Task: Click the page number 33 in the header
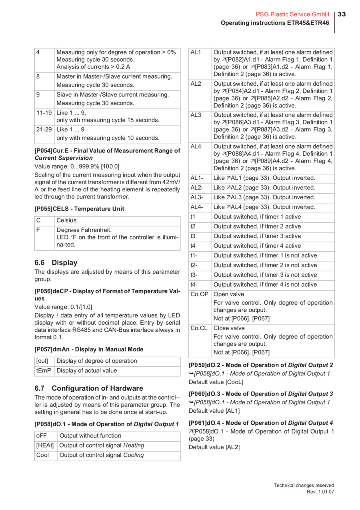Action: (342, 14)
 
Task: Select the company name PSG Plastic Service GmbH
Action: (292, 14)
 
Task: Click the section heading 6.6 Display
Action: (56, 263)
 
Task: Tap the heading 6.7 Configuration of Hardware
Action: (89, 388)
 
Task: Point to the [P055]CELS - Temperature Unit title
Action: (79, 209)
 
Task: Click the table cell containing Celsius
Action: (66, 220)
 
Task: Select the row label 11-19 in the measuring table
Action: (44, 113)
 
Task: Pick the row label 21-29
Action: (44, 130)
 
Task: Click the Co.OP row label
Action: (199, 294)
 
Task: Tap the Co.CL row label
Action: (199, 328)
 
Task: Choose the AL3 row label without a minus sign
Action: (196, 115)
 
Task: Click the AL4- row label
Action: (197, 207)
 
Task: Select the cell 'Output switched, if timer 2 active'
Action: (257, 227)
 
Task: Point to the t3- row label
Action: (194, 275)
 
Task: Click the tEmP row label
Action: (44, 371)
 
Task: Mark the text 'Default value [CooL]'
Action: (216, 382)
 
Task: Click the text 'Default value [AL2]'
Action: (214, 447)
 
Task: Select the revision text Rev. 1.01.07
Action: (320, 492)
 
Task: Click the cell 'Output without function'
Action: (90, 436)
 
